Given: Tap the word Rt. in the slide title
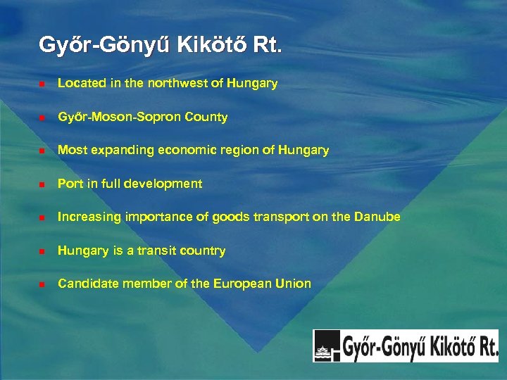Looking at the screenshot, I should [268, 46].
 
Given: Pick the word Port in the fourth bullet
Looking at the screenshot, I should [69, 184].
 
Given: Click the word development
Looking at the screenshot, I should [170, 184].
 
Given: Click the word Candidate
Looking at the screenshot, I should [86, 284].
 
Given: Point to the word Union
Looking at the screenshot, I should [294, 284].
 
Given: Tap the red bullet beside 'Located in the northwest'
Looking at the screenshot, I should [42, 84].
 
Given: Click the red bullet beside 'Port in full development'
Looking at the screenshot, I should [42, 184].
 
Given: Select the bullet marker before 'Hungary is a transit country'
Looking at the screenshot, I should [42, 251].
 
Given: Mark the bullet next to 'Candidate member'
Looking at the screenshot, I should [42, 284].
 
